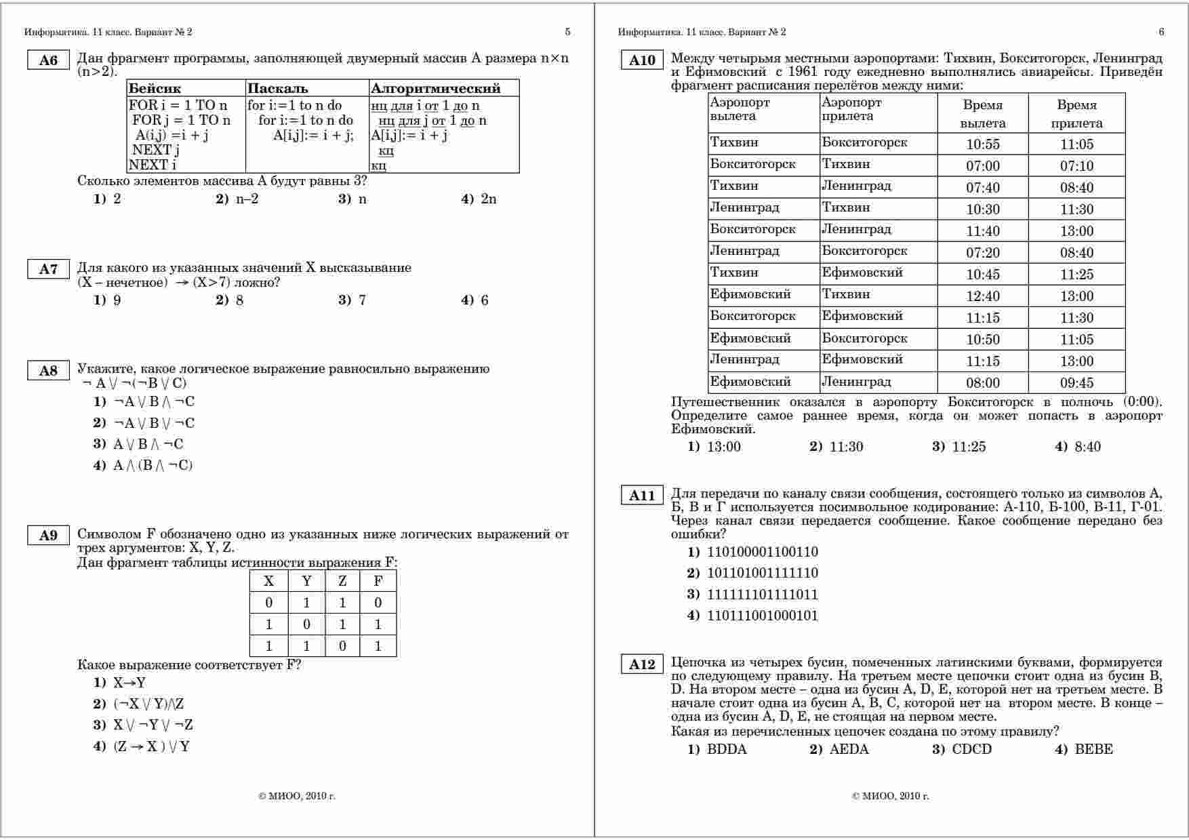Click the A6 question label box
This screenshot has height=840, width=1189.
point(49,60)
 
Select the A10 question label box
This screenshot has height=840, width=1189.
point(642,60)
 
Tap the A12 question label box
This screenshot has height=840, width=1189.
point(642,664)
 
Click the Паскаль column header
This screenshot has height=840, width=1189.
point(277,88)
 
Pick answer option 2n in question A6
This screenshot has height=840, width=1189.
point(488,199)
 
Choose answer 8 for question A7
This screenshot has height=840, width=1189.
point(239,300)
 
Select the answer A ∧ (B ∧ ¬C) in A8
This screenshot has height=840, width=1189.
point(153,465)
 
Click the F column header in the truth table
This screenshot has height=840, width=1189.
point(378,581)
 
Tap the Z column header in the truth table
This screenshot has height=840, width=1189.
point(342,581)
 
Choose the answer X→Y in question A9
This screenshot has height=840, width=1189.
point(129,683)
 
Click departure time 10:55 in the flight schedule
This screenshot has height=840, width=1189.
point(983,144)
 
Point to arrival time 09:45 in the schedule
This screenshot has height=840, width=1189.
point(1076,382)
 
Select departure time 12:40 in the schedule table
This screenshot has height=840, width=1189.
point(983,296)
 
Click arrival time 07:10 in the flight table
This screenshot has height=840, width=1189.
point(1076,165)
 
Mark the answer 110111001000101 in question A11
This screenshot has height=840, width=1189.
point(762,616)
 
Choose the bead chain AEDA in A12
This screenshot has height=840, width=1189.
point(849,749)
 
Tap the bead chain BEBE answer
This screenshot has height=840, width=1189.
point(1093,749)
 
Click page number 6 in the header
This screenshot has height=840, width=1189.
point(1161,32)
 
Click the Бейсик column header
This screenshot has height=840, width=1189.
point(155,88)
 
